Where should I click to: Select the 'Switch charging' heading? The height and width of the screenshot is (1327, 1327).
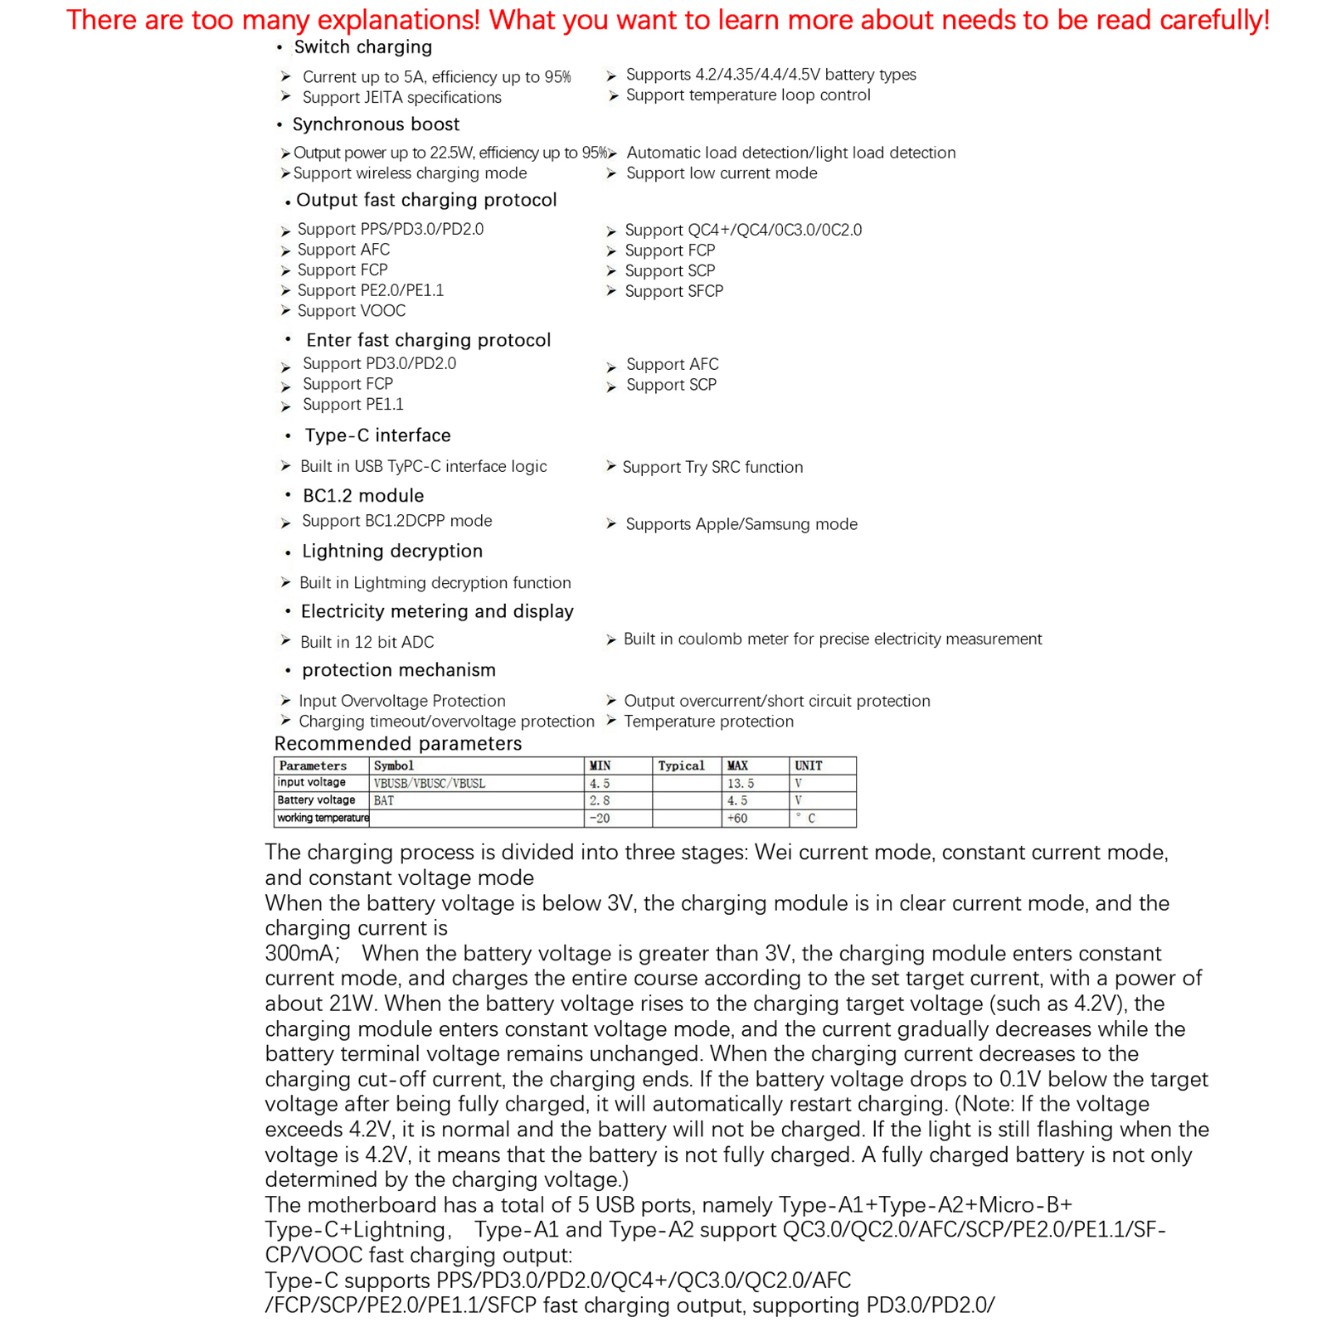362,47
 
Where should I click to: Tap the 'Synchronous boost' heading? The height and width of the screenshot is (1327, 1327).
376,124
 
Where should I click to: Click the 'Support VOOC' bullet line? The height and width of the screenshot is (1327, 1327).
351,311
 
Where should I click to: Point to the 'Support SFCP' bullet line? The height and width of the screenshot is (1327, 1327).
673,291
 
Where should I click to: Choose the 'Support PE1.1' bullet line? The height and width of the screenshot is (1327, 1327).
352,405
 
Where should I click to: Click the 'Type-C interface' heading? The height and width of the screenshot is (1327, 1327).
377,435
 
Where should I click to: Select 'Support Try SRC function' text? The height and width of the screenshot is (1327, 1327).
712,467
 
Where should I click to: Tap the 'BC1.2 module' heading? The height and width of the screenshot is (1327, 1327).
363,496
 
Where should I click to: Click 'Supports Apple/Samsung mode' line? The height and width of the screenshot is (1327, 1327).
741,524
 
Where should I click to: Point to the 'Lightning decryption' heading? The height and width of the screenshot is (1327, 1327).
391,552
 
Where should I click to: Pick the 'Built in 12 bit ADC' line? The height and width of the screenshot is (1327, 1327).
367,642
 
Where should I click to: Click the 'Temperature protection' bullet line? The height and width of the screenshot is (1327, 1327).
708,722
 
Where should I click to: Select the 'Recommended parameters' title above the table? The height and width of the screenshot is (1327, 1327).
398,744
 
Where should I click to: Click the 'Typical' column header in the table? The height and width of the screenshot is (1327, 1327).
681,766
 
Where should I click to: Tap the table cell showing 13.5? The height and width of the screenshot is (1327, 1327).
741,783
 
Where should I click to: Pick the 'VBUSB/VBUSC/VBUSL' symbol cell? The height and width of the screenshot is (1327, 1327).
429,783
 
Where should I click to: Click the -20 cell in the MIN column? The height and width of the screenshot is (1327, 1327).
600,819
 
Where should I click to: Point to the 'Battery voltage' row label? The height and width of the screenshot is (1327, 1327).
316,800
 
